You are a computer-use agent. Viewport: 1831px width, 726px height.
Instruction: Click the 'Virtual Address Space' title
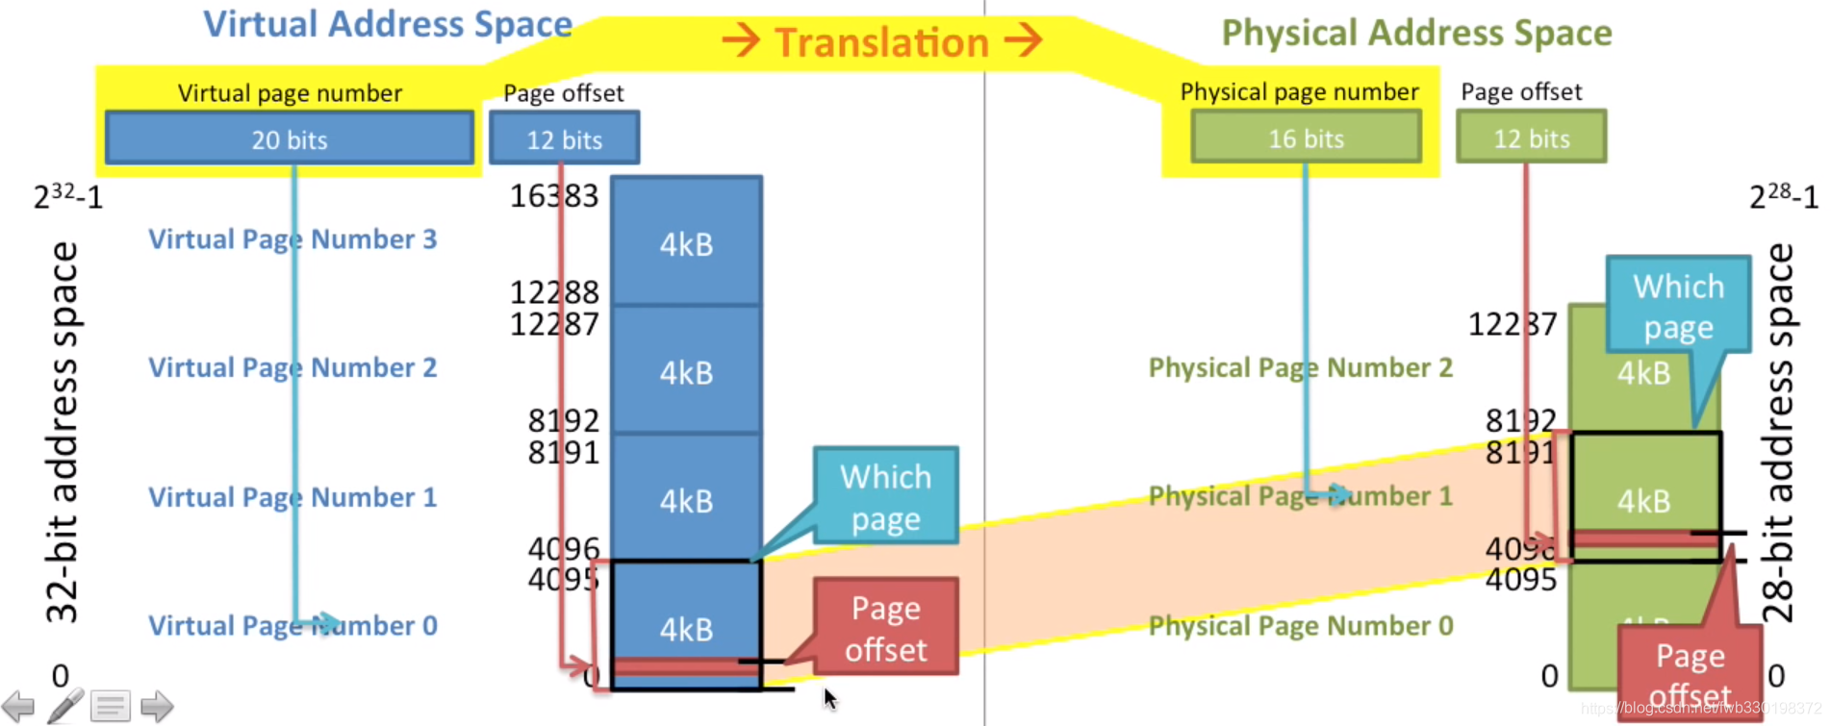click(x=387, y=24)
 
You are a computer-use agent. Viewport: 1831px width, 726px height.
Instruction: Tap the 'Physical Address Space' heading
click(x=1416, y=33)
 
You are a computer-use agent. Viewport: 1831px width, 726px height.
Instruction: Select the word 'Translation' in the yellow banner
click(x=881, y=42)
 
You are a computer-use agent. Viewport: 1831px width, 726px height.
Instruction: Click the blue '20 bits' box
click(x=289, y=138)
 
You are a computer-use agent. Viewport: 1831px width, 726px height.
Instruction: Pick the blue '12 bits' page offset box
click(x=564, y=138)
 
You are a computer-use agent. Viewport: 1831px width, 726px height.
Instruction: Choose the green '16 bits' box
click(x=1306, y=138)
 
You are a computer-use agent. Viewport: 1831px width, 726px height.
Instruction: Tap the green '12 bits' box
click(x=1531, y=138)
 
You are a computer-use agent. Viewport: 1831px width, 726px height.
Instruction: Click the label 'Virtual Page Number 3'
click(x=292, y=238)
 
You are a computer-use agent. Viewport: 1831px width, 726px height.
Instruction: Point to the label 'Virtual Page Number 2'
click(x=292, y=367)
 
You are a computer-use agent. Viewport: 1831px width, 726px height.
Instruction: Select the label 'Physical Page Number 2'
click(x=1300, y=367)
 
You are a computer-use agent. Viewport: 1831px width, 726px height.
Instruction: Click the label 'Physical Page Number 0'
click(x=1300, y=626)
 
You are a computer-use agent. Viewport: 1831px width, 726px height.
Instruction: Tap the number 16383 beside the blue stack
click(x=553, y=196)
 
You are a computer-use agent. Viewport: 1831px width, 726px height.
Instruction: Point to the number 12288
click(x=553, y=291)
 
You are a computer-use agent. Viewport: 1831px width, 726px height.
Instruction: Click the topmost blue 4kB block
click(x=686, y=243)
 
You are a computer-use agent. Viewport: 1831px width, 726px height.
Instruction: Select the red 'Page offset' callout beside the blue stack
click(x=885, y=628)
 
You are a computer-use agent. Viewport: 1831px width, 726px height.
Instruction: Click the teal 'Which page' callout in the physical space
click(x=1678, y=306)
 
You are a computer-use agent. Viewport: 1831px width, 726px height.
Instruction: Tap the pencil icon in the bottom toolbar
click(x=64, y=706)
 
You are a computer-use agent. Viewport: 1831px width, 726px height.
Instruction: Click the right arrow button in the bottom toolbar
click(x=156, y=707)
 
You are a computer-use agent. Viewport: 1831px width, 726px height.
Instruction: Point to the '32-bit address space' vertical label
click(x=63, y=433)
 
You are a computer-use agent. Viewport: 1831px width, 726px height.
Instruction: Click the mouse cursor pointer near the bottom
click(x=829, y=698)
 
